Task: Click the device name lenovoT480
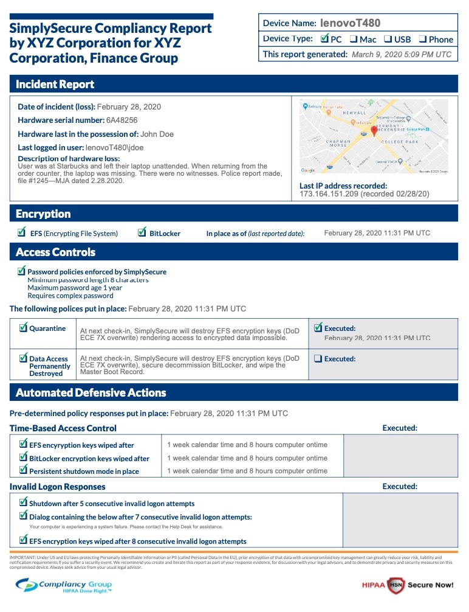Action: click(350, 23)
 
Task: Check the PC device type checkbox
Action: click(324, 39)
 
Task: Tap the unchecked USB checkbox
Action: click(388, 40)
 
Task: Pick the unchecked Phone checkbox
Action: click(422, 40)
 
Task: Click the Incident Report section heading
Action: click(55, 84)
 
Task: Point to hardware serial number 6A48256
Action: click(122, 120)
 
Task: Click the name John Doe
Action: click(160, 134)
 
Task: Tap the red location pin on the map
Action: click(375, 130)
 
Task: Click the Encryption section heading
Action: click(43, 214)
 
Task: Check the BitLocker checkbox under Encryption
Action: click(142, 232)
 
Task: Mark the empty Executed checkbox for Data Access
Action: click(318, 359)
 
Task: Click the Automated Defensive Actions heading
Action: click(91, 393)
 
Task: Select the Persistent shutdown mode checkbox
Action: click(23, 470)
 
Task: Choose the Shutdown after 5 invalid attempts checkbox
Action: click(23, 502)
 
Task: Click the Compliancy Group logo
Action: click(64, 585)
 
